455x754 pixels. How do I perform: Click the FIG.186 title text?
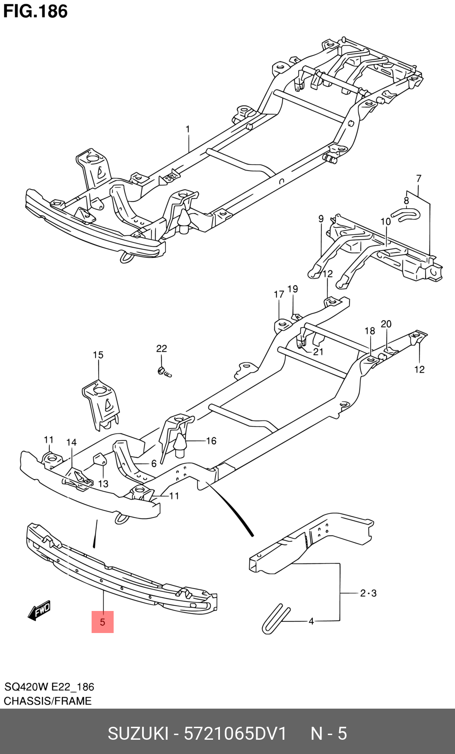[35, 11]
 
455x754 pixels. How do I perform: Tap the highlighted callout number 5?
[102, 622]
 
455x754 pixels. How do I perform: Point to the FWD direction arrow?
[39, 611]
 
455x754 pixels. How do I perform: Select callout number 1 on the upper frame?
[188, 129]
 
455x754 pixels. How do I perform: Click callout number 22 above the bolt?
[161, 348]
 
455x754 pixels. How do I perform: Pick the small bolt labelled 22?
[164, 372]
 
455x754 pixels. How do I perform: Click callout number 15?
[98, 355]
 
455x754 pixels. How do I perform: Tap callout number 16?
[211, 441]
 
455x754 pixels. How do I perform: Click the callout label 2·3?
[368, 593]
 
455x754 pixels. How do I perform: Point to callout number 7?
[418, 178]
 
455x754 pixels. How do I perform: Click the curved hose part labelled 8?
[405, 214]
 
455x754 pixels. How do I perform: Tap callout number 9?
[321, 219]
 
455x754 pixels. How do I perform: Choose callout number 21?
[318, 352]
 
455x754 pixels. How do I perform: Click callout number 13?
[103, 484]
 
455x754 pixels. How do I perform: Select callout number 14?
[71, 442]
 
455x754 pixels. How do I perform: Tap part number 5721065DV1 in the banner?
[235, 733]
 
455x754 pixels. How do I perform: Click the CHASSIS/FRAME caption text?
[48, 701]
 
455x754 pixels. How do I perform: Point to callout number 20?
[386, 324]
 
